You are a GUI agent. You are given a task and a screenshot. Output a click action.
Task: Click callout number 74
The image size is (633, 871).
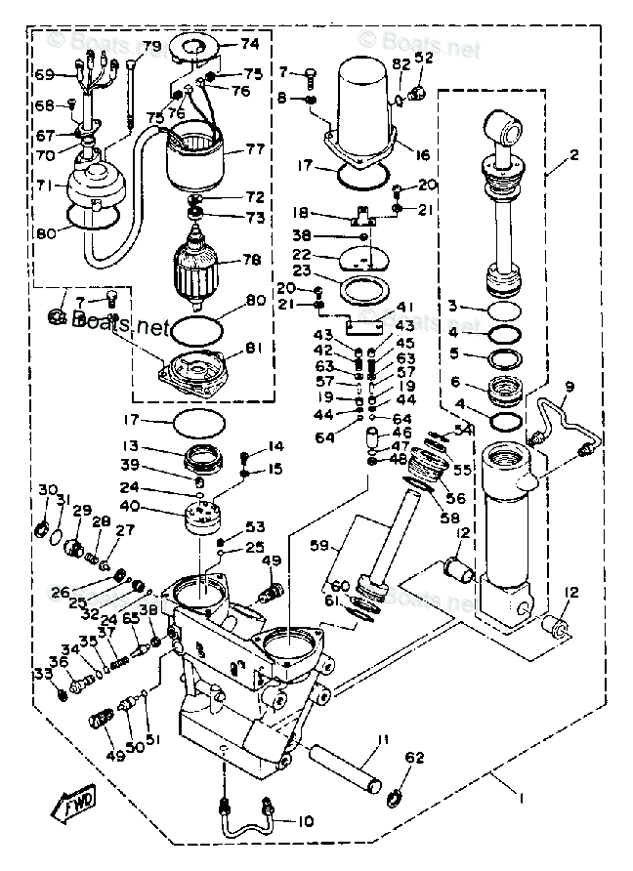coord(250,44)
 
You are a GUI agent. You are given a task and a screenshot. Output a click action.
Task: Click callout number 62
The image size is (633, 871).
coord(415,757)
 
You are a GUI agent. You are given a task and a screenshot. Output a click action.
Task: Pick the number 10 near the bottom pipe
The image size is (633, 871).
coord(305,821)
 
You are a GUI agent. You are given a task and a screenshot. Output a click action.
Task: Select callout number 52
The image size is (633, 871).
coord(423,58)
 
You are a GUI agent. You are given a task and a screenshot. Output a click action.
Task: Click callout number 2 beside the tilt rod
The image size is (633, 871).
coord(574,154)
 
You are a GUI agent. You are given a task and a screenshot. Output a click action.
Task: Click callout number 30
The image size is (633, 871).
coord(46,489)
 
